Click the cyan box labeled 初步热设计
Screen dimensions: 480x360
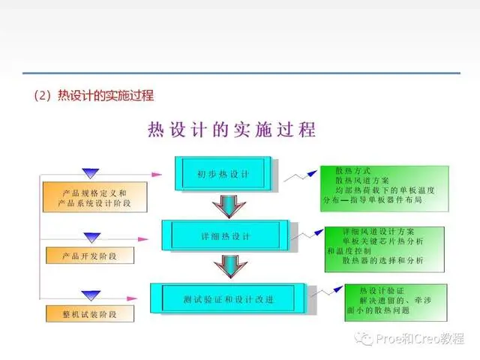pos(223,173)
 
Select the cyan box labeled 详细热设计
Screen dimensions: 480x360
pos(225,235)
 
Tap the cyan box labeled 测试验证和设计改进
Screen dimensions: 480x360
pos(228,298)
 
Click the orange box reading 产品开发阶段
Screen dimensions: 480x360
pos(90,255)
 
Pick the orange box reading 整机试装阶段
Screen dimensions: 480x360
pos(90,313)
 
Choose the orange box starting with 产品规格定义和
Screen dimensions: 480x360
pos(95,196)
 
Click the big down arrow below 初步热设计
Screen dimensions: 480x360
pos(229,206)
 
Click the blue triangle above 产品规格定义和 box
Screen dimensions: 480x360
pos(91,173)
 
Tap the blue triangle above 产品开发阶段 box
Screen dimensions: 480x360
pos(92,237)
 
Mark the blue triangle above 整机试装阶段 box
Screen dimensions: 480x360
pos(91,295)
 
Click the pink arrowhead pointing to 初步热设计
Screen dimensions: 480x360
pos(157,175)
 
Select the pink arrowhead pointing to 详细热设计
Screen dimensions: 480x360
pos(143,239)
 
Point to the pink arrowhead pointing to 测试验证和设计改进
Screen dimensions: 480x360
pos(132,298)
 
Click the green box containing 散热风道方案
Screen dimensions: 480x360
pos(385,188)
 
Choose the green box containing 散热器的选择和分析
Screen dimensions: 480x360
pos(385,249)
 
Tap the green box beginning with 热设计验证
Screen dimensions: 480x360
pos(396,302)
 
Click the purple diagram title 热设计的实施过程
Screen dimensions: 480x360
pos(232,130)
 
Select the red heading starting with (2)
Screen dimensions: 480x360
pos(94,95)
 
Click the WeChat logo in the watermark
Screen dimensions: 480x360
pos(364,338)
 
